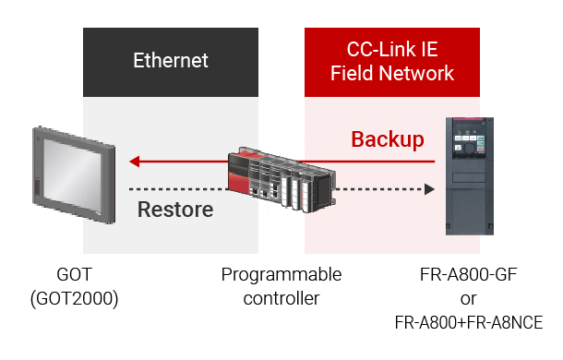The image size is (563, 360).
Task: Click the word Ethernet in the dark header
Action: [x=171, y=60]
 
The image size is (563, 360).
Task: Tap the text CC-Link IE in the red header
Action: [x=392, y=49]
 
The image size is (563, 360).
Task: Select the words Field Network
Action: [x=392, y=73]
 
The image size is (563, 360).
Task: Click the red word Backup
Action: [x=388, y=139]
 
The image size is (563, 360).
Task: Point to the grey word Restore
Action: [x=175, y=210]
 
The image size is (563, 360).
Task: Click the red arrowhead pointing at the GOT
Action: [x=135, y=162]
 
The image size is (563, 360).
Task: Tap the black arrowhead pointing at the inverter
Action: [x=429, y=189]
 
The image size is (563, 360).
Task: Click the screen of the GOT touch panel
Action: [x=72, y=175]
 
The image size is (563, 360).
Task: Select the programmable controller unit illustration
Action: [x=282, y=179]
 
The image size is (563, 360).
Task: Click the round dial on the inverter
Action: [x=469, y=148]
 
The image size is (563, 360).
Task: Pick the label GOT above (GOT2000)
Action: [x=75, y=274]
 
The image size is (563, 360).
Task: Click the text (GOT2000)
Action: [x=75, y=298]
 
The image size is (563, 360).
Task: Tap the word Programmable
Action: [x=281, y=275]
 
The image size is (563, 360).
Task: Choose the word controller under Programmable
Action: [x=281, y=298]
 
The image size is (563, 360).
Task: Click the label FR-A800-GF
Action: [x=469, y=275]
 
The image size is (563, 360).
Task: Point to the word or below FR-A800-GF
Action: [x=469, y=299]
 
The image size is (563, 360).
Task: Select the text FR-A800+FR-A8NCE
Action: [x=469, y=323]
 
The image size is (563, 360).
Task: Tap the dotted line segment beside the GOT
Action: [x=178, y=189]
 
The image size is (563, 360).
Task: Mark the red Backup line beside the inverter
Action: [x=366, y=162]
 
